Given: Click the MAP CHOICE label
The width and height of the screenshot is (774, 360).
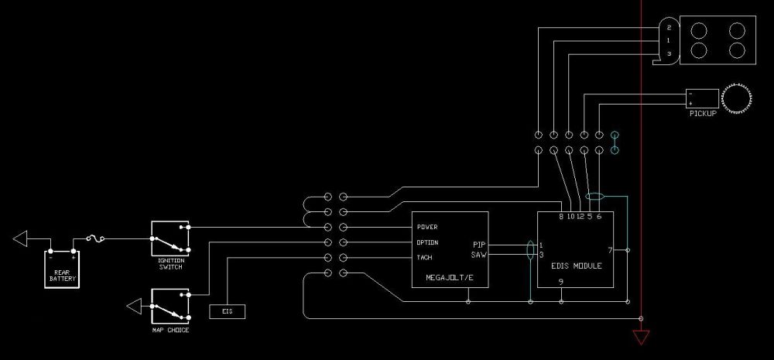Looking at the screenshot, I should tap(170, 330).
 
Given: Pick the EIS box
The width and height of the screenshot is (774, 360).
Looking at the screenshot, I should tap(228, 311).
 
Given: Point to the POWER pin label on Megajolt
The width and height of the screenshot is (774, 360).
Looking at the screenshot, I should tap(427, 227).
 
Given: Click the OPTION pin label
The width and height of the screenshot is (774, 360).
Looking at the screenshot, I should tap(428, 242).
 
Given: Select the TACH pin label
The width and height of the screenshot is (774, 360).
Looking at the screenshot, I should tap(425, 257).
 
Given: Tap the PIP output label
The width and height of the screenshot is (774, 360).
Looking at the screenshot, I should tap(479, 245).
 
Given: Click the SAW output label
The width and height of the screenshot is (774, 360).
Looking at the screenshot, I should tap(478, 255).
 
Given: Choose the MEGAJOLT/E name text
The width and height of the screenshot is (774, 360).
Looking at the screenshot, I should tap(450, 276).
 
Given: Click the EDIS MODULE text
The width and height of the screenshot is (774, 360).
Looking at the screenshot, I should tap(577, 266).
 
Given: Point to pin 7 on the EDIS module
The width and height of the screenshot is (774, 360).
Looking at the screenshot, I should tap(610, 250).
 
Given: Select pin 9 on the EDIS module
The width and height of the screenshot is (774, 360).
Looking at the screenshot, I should tap(560, 282).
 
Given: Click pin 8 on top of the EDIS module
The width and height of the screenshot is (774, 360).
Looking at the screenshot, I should tap(561, 217).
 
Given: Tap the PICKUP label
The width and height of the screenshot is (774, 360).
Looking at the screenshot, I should tap(702, 113).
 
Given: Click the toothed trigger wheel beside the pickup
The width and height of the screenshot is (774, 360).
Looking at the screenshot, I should tap(738, 98).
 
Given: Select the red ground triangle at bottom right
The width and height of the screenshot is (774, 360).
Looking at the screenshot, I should tap(641, 338).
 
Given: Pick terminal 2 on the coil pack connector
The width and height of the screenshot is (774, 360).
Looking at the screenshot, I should tap(668, 28).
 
